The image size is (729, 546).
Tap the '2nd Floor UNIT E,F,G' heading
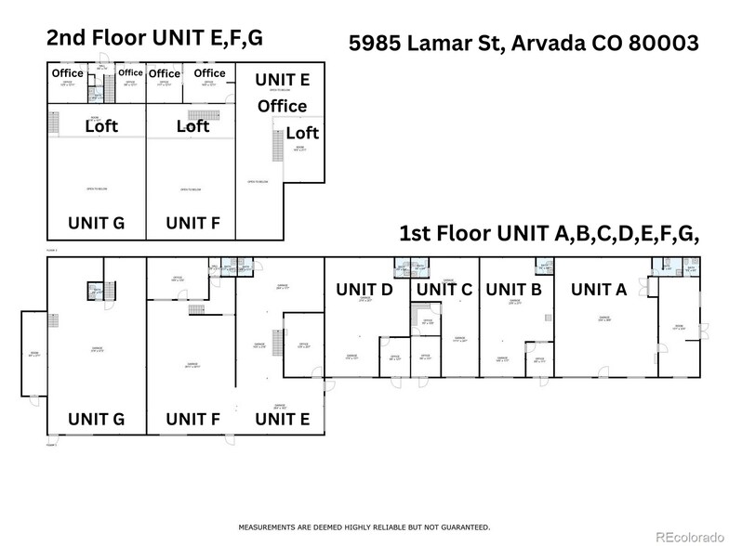pyautogui.click(x=155, y=39)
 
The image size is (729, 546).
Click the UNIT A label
pyautogui.click(x=599, y=290)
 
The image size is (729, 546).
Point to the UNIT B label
pyautogui.click(x=513, y=290)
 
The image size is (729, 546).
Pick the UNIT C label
pyautogui.click(x=444, y=290)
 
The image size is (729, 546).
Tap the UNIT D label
pyautogui.click(x=364, y=290)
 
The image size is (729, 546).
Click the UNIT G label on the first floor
pyautogui.click(x=97, y=419)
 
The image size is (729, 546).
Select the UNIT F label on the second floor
pyautogui.click(x=192, y=223)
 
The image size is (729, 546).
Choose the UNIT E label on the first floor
pyautogui.click(x=283, y=419)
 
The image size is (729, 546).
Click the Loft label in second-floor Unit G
pyautogui.click(x=101, y=126)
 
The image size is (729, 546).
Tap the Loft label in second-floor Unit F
pyautogui.click(x=192, y=126)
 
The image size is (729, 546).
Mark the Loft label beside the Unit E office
pyautogui.click(x=302, y=133)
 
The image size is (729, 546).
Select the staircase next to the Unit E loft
pyautogui.click(x=275, y=145)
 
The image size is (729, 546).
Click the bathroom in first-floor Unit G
pyautogui.click(x=96, y=292)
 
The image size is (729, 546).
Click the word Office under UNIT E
pyautogui.click(x=283, y=106)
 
